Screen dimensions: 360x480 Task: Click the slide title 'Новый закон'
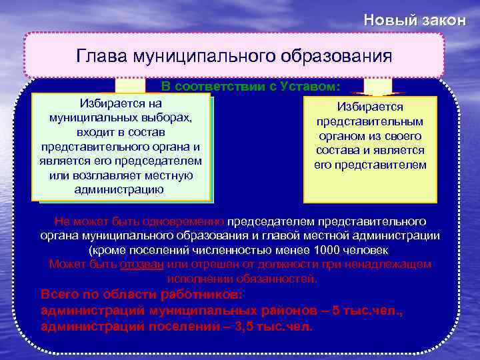tap(414, 20)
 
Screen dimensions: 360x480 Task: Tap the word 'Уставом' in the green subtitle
tap(311, 87)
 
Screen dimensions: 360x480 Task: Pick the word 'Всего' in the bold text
tap(58, 294)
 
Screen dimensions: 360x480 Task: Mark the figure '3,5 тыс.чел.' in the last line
tap(270, 327)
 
